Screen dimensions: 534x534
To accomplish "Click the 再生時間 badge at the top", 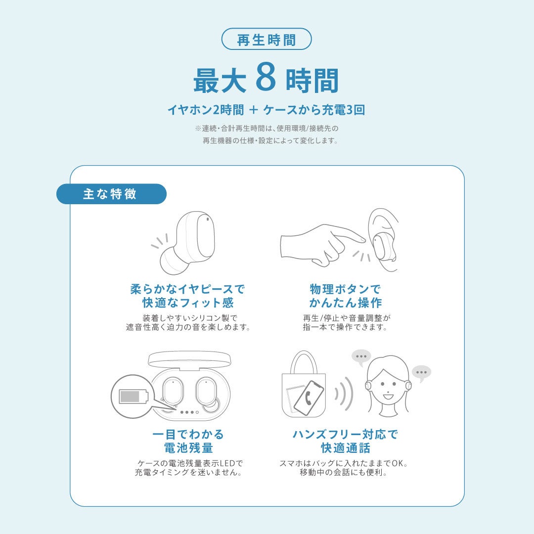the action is point(267,39).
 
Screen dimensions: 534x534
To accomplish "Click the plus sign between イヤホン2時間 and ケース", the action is point(254,110).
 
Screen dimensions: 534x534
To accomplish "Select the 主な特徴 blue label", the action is point(111,194).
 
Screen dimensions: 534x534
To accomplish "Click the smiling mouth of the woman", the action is point(388,397).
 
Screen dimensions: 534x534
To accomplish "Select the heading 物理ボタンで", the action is point(345,289).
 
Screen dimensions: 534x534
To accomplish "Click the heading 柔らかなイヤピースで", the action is point(188,289).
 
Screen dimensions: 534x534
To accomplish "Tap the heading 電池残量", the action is point(188,447).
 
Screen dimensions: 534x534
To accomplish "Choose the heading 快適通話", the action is point(345,447).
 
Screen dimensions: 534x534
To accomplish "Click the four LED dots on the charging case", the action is point(189,412).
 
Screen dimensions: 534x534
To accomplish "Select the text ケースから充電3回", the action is point(314,110).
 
